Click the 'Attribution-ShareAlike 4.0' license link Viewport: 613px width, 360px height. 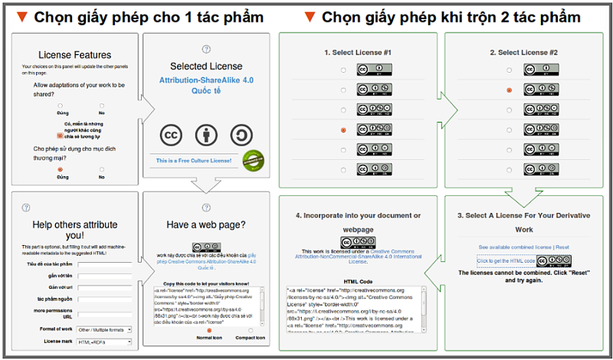[205, 80]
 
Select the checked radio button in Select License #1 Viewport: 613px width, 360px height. [343, 130]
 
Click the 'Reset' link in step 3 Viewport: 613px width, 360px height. [562, 247]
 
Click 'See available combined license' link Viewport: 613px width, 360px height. [515, 247]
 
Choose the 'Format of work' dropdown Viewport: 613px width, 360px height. [104, 329]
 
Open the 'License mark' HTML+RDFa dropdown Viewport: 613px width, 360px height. [104, 341]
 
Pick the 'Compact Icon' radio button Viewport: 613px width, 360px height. [251, 330]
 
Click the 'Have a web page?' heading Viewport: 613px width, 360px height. [206, 224]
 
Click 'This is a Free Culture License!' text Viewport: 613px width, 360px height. [194, 162]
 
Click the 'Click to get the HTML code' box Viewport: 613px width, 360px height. [506, 261]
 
